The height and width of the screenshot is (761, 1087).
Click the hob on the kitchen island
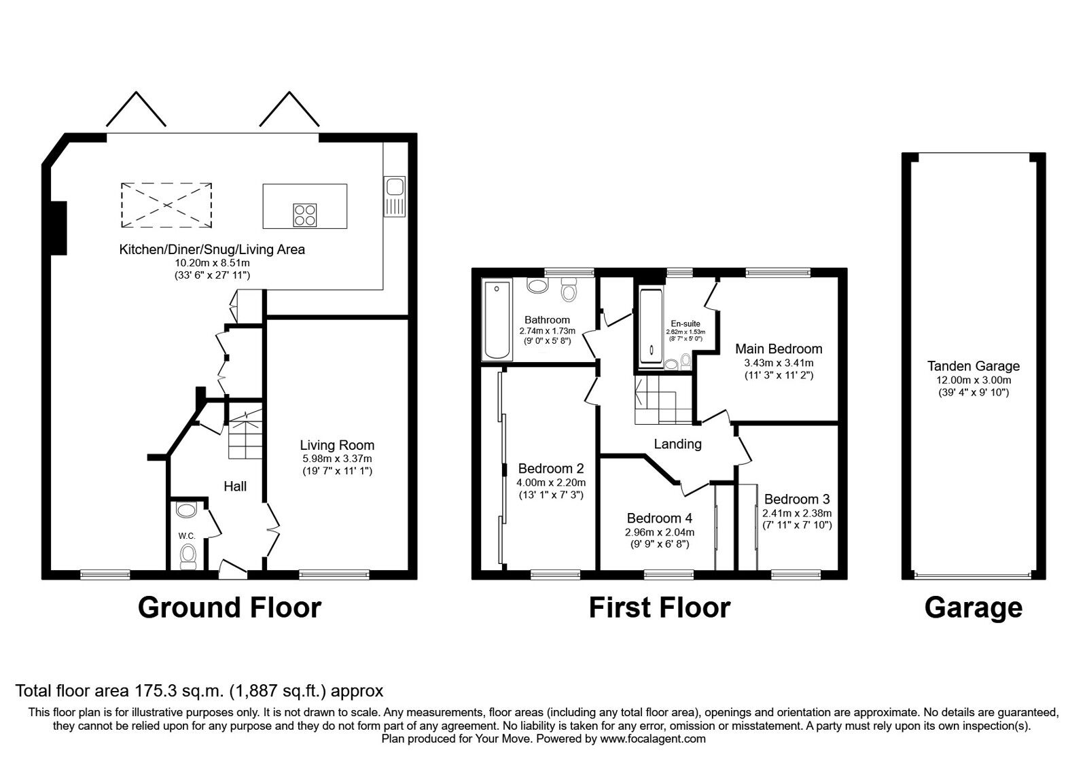tap(305, 215)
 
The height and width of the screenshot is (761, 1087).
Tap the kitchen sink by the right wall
tap(394, 196)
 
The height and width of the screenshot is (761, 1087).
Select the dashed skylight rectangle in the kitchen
tap(166, 205)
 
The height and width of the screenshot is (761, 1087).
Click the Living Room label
tap(337, 445)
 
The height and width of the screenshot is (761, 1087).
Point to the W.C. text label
tap(188, 536)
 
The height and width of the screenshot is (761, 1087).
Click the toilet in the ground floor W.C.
tap(188, 556)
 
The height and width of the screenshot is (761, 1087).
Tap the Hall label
tap(235, 486)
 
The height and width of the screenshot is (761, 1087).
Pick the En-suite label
tap(685, 323)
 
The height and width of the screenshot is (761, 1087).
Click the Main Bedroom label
tap(779, 349)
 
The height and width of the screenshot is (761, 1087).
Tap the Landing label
tap(677, 444)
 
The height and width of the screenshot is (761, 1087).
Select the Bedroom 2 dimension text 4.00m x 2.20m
tap(550, 482)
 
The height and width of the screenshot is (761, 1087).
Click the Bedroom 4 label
tap(660, 519)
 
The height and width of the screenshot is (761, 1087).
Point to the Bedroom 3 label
tap(797, 499)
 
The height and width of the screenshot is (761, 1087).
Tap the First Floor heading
tap(659, 607)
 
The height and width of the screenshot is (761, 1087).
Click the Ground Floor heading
tap(230, 607)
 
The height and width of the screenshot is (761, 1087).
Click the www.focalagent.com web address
tap(652, 739)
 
